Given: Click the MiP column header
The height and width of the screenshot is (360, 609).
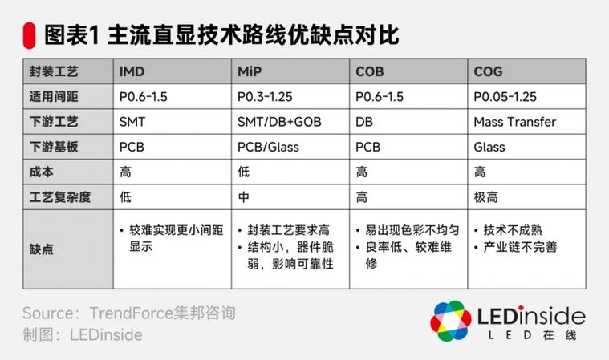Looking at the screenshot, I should pyautogui.click(x=250, y=72).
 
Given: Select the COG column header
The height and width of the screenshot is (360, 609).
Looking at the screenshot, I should pyautogui.click(x=488, y=72).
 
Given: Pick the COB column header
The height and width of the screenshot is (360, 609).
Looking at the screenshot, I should pyautogui.click(x=370, y=72).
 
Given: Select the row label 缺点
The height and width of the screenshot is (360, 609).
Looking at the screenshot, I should pyautogui.click(x=41, y=249).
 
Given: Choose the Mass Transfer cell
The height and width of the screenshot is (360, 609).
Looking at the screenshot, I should pyautogui.click(x=514, y=122).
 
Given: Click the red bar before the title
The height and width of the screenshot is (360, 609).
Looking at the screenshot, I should pyautogui.click(x=30, y=34).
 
